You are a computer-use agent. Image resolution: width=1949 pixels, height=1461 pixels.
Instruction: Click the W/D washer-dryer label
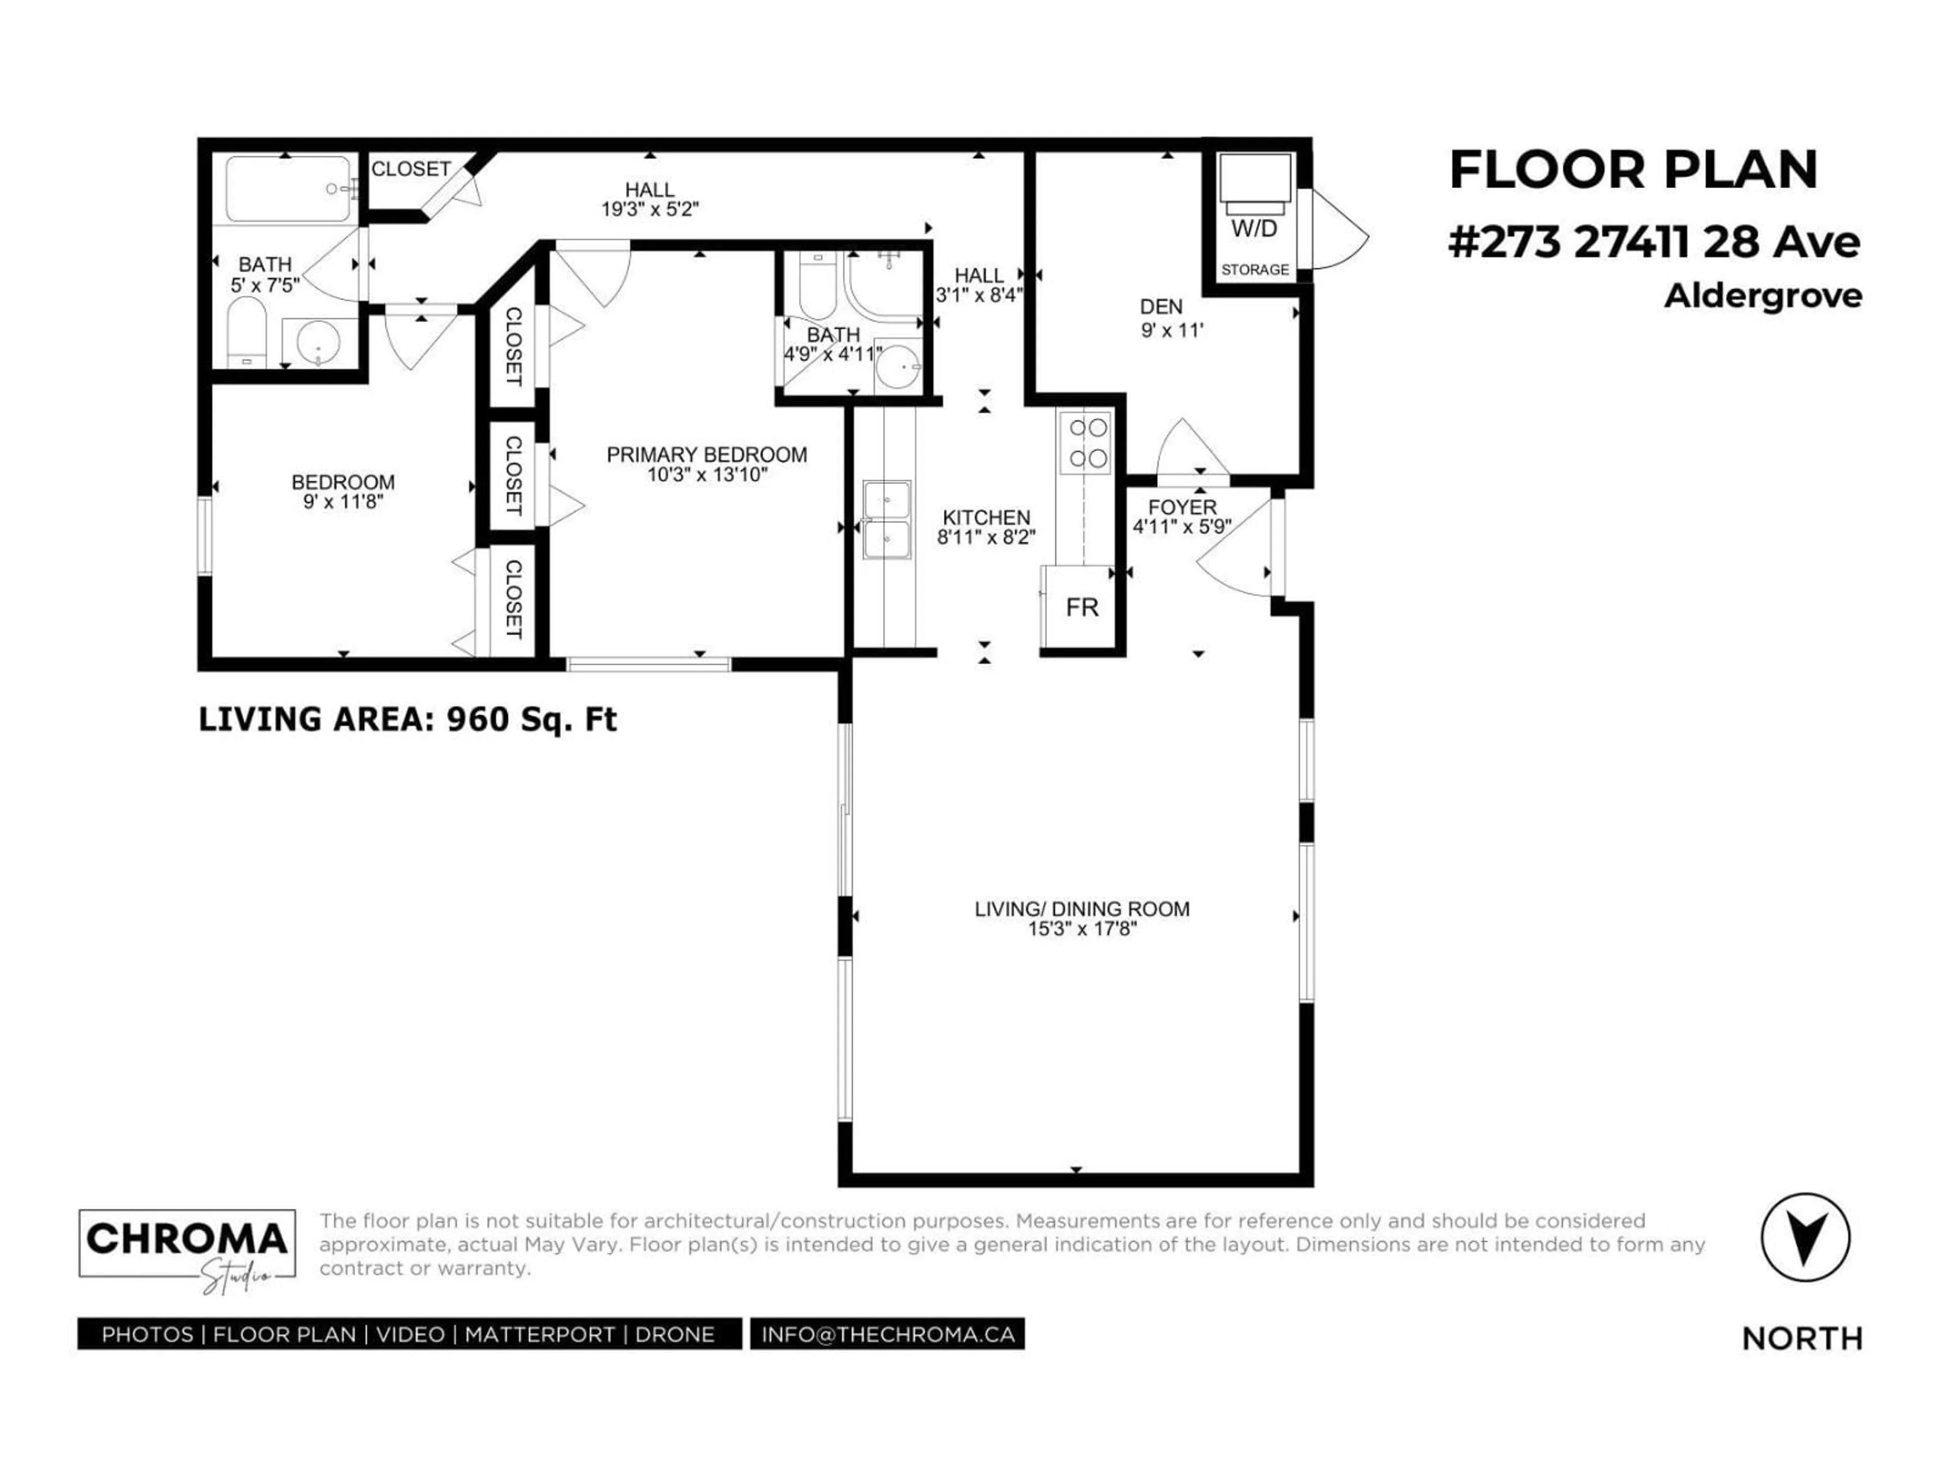[1254, 229]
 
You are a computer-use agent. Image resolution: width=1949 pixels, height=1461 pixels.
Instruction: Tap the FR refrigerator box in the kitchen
[1081, 608]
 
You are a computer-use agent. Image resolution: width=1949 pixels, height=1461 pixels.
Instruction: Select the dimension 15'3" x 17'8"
[1082, 929]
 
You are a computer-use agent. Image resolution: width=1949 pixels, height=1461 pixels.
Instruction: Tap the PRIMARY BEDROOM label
[707, 455]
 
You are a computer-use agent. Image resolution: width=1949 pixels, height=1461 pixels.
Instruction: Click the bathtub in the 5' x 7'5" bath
[287, 189]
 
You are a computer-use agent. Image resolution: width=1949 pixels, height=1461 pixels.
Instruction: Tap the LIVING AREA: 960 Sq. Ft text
[407, 719]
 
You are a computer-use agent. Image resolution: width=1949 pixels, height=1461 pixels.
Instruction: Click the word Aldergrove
[1762, 296]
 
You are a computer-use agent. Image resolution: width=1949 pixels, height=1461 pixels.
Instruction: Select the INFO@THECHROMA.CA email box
[887, 1334]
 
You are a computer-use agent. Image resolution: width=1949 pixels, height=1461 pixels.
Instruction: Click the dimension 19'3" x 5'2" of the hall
[650, 210]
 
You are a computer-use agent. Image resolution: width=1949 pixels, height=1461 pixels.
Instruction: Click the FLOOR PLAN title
[1633, 170]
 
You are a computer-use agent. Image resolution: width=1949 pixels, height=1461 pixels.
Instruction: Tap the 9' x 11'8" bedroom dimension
[343, 502]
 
